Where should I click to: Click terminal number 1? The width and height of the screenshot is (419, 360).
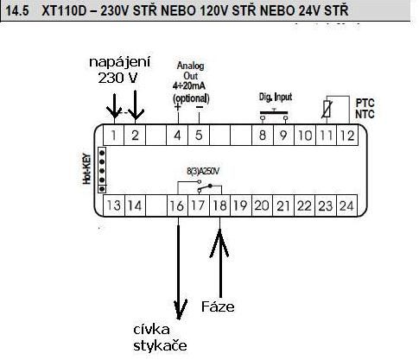pos(114,136)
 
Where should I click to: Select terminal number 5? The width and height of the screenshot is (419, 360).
pos(199,136)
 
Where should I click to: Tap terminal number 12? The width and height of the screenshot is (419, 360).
pos(347,136)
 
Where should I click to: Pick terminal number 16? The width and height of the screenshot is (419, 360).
pos(177,205)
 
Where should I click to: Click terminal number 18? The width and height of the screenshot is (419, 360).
pos(219,205)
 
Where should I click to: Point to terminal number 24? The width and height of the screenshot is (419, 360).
pos(346,205)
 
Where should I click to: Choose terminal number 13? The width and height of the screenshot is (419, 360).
pos(114,205)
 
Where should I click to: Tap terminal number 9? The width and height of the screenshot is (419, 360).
pos(283,136)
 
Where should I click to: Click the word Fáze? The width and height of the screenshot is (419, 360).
pos(218,306)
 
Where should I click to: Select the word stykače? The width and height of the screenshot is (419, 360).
pos(160,345)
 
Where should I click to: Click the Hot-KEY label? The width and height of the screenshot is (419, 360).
pos(87,169)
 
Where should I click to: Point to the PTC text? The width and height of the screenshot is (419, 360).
pos(365,103)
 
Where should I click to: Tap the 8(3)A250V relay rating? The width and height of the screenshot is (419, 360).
pos(203,172)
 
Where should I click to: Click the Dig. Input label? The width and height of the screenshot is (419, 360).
pos(276,98)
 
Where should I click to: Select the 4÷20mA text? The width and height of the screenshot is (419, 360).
pos(189,85)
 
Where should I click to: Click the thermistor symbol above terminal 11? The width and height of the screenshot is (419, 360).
pos(327,110)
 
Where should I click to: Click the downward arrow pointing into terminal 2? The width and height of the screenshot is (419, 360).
pos(136,104)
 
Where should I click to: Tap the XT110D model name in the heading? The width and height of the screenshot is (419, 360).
pos(67,11)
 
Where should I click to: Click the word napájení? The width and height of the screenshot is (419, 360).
pos(119,62)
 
